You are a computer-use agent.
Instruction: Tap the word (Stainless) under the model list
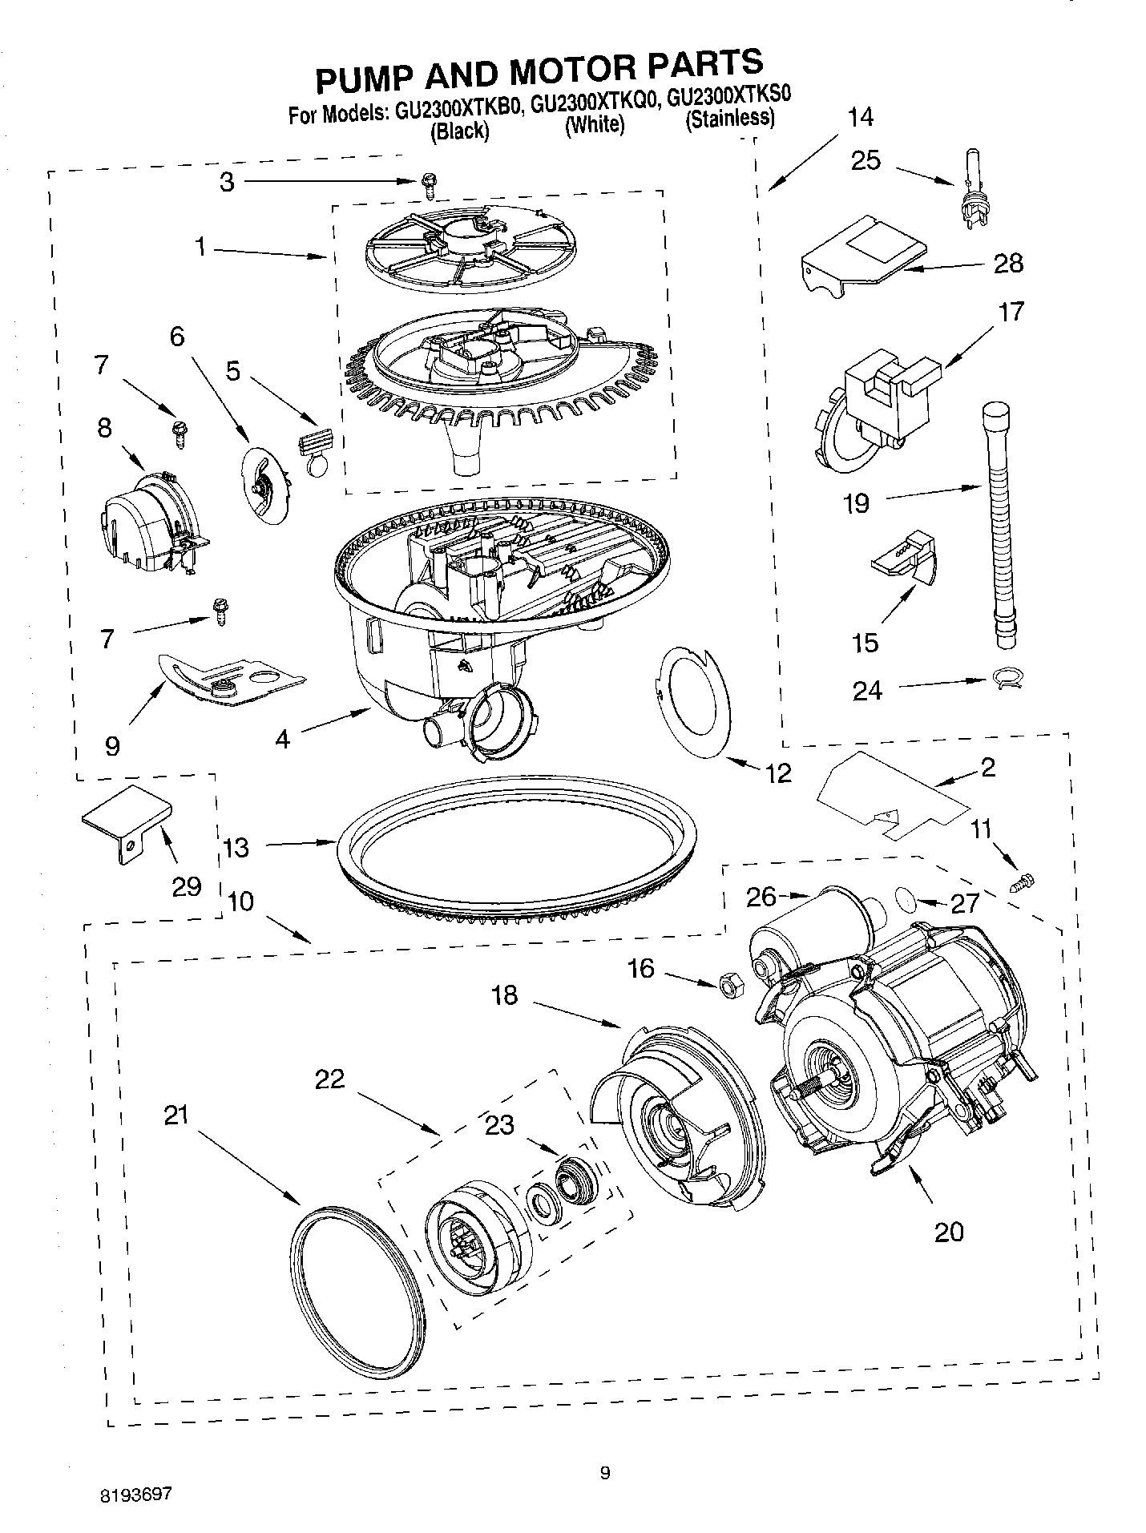click(x=729, y=120)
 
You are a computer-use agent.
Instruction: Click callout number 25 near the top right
click(x=866, y=160)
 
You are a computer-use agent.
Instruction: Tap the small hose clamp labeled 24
click(x=1005, y=680)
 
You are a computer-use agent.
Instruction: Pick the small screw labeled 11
click(x=1023, y=882)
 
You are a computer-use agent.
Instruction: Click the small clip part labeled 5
click(x=315, y=450)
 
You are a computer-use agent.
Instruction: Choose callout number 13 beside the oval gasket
click(x=236, y=847)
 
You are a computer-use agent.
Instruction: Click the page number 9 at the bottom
click(x=605, y=1471)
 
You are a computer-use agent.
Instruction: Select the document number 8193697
click(x=136, y=1495)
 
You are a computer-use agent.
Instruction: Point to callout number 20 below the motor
click(x=949, y=1231)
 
